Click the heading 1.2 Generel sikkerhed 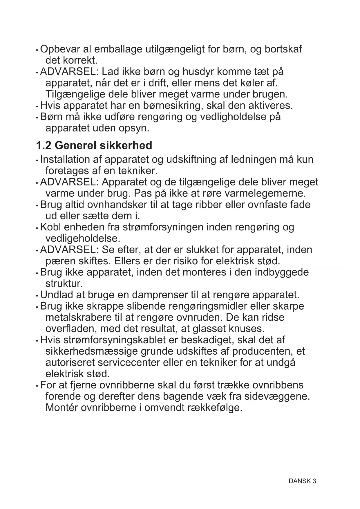(94, 145)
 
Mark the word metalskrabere (77, 317)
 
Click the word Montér (61, 407)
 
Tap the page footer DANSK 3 (302, 481)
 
